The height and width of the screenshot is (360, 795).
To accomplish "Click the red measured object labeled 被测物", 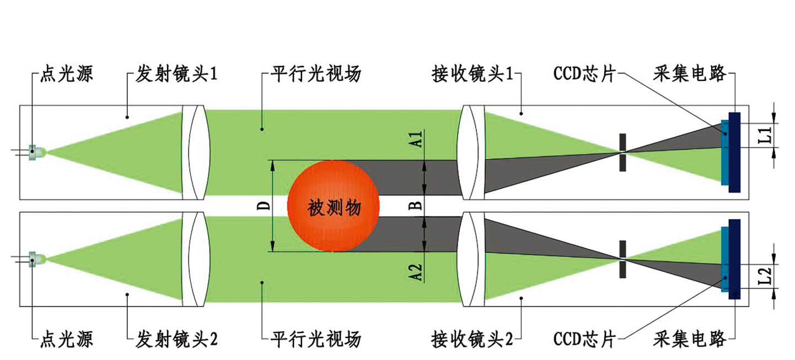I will click(334, 207).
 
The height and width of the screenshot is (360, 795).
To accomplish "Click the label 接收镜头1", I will click(474, 74).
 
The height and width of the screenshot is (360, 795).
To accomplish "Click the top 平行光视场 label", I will click(316, 74).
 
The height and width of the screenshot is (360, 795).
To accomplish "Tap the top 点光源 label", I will click(67, 74).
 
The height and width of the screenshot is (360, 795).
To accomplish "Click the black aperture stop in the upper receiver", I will click(622, 152).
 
